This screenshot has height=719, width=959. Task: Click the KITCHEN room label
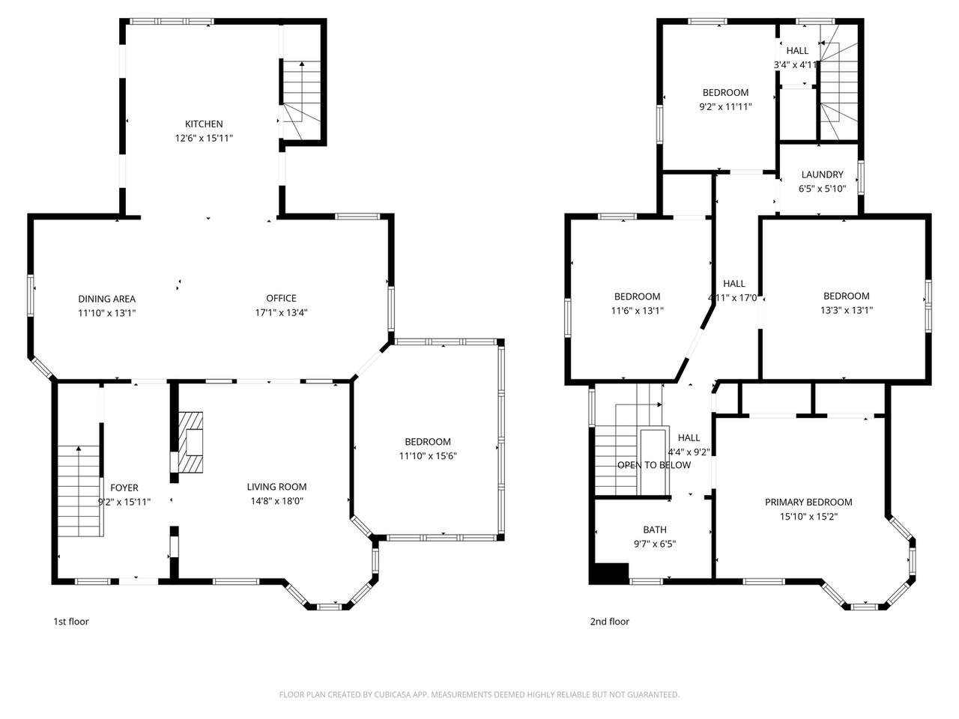[x=204, y=124]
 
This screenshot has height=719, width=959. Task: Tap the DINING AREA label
[x=107, y=298]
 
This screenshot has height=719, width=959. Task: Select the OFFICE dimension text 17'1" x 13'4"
[x=281, y=312]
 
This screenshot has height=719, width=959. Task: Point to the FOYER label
[x=124, y=488]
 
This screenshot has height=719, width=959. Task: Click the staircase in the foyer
[x=79, y=491]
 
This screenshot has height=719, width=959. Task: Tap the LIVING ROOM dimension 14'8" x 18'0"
[x=276, y=501]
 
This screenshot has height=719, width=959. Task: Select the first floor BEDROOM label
[x=428, y=441]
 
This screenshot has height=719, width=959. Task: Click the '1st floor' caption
[x=71, y=621]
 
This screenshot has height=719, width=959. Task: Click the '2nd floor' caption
[x=609, y=621]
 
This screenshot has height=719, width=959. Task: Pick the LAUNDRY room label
[x=822, y=175]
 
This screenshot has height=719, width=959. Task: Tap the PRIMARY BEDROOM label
[x=808, y=502]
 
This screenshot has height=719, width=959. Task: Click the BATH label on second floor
[x=655, y=530]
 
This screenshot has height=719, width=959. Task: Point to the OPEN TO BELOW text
[x=654, y=465]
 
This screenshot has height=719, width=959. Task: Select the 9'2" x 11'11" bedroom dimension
[x=725, y=106]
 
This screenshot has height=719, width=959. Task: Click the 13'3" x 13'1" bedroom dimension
[x=847, y=310]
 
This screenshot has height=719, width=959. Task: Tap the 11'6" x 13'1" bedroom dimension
[x=638, y=311]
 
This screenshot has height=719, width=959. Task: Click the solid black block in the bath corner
[x=608, y=573]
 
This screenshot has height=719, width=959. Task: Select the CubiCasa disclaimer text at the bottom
[x=479, y=694]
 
